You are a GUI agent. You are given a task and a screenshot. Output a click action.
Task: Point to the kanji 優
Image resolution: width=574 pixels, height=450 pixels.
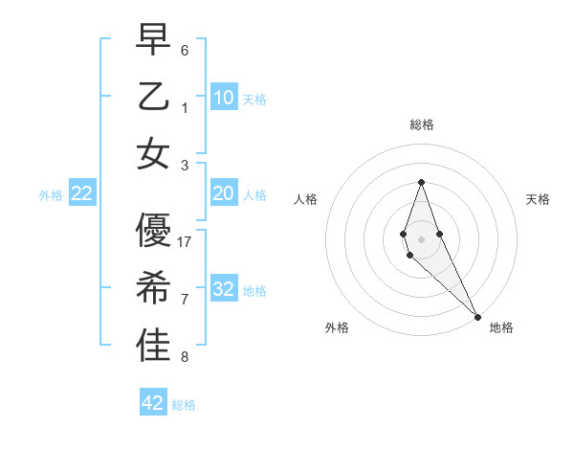coord(154,230)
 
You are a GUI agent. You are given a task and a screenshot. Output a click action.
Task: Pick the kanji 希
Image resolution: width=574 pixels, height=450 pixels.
coord(154,288)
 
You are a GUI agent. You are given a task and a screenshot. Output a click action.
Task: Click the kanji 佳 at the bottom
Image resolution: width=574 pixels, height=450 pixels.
coord(154,347)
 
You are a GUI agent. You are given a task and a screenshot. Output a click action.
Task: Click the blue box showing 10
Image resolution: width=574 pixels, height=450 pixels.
coord(224,97)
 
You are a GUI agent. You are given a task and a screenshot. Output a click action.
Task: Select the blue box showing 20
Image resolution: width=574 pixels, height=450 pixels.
coord(224,193)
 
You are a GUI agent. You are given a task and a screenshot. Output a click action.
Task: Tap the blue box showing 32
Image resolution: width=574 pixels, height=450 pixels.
coord(224,289)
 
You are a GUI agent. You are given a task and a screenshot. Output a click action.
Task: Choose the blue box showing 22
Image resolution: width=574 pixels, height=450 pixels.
coord(82,193)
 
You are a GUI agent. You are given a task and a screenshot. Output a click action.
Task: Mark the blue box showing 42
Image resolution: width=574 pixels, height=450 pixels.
coord(153,403)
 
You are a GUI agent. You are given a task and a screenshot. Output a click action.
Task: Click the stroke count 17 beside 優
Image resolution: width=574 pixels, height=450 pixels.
coord(185,241)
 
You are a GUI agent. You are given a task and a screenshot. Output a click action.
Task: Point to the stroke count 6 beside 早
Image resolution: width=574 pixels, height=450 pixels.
coord(185,50)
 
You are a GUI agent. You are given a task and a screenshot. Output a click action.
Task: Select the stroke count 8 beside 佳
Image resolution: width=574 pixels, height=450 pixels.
coord(185,358)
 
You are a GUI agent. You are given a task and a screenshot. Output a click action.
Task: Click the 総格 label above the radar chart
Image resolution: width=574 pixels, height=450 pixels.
coord(421,124)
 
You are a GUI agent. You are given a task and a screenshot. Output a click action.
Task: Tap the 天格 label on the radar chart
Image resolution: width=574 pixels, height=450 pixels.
coord(538,199)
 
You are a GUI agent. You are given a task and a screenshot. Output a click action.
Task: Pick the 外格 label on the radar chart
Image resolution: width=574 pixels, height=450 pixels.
coord(337,327)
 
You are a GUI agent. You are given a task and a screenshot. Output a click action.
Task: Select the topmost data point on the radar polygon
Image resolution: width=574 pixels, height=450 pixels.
coord(421,182)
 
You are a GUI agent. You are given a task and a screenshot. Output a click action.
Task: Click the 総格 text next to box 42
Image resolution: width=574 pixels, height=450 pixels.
coord(184,405)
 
